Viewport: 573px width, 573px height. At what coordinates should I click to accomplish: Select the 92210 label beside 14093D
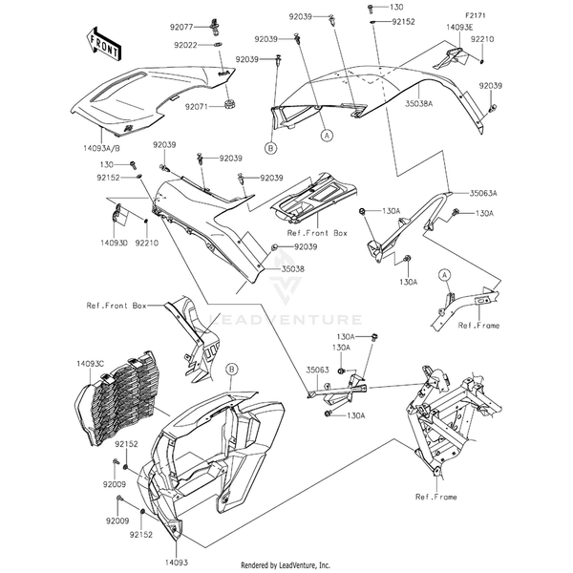tap(146, 244)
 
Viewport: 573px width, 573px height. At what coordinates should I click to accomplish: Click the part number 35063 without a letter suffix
tap(318, 367)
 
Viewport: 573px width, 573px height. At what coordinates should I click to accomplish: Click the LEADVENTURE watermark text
tap(301, 321)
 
